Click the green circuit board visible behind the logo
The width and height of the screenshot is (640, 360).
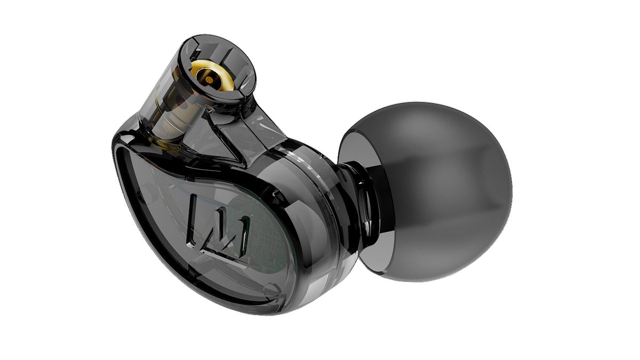pyautogui.click(x=267, y=235)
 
